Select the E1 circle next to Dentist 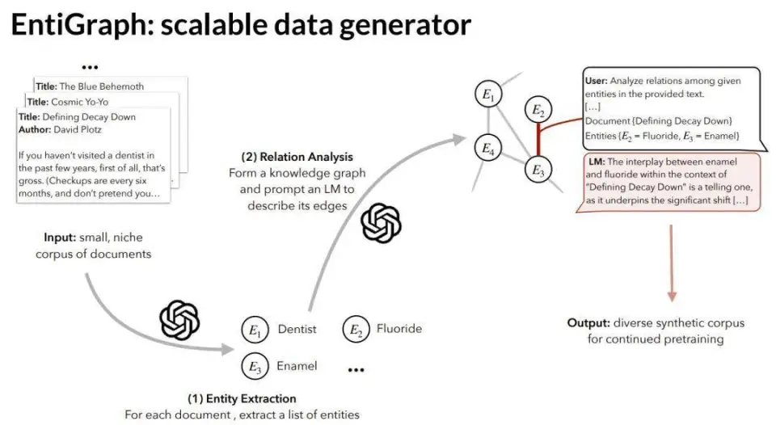(x=255, y=330)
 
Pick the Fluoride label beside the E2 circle (x=399, y=329)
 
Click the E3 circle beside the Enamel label (x=255, y=368)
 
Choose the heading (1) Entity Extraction (x=242, y=398)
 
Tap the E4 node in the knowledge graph (x=487, y=148)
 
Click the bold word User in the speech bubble (x=596, y=81)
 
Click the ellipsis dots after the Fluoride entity (x=356, y=369)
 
